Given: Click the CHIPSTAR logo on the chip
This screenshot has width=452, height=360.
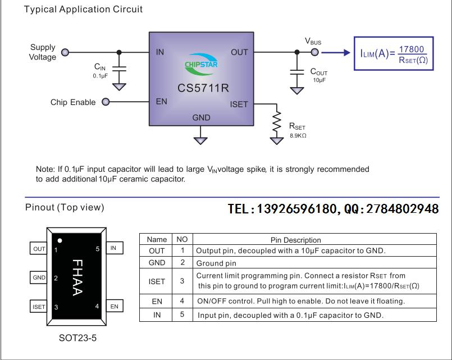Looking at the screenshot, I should tap(201, 64).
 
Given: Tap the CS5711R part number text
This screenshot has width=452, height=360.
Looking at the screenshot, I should tap(203, 88).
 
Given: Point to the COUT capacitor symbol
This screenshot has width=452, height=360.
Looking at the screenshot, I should tap(296, 72).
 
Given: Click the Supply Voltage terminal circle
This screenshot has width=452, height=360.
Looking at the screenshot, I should tap(65, 52).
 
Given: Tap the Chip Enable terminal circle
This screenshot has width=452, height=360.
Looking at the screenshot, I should tap(105, 102).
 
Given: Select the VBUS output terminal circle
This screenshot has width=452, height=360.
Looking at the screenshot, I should tap(315, 52).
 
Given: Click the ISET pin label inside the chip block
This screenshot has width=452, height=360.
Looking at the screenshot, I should tap(238, 104).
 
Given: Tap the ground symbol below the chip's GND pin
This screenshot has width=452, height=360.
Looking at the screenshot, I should tap(201, 138).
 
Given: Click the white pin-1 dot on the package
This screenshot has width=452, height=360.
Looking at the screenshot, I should tap(60, 241).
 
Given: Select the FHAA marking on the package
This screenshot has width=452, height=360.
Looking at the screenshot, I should tap(77, 277).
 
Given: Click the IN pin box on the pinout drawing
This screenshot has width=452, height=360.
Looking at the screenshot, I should tap(113, 248).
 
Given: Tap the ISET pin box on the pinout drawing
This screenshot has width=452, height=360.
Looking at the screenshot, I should tap(39, 307).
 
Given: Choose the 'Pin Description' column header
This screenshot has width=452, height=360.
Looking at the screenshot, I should tap(296, 240).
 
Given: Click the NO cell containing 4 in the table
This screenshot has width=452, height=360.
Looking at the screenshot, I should tap(182, 301).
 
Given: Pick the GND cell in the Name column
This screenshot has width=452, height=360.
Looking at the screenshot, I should tap(157, 262).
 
